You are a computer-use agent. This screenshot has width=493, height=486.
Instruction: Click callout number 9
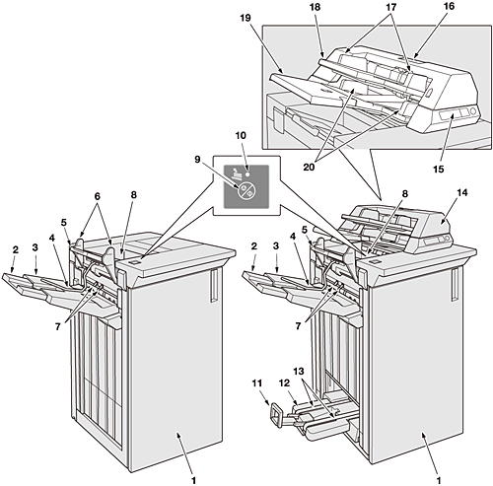[x=197, y=160]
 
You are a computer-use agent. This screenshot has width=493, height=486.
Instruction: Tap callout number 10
[x=241, y=135]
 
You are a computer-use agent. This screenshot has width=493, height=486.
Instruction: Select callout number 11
[x=257, y=383]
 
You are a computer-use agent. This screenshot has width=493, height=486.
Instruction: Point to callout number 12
[x=284, y=383]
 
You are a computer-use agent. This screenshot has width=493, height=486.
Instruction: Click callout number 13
[x=299, y=371]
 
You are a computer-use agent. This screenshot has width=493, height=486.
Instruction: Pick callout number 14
[x=462, y=192]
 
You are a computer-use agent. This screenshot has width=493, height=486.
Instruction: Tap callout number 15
[x=439, y=170]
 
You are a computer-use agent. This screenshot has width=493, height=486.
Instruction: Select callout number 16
[x=449, y=6]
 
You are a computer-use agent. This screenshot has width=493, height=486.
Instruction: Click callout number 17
[x=391, y=7]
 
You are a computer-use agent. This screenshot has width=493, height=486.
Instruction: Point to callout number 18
[x=315, y=7]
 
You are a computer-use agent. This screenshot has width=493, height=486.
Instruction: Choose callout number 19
[x=246, y=18]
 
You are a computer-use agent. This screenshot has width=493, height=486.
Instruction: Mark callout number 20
[x=309, y=167]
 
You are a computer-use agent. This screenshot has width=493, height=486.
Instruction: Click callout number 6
[x=98, y=196]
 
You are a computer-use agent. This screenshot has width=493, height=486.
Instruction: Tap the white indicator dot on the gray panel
[x=247, y=171]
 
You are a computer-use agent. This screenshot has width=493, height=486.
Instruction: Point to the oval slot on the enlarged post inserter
[x=429, y=92]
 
